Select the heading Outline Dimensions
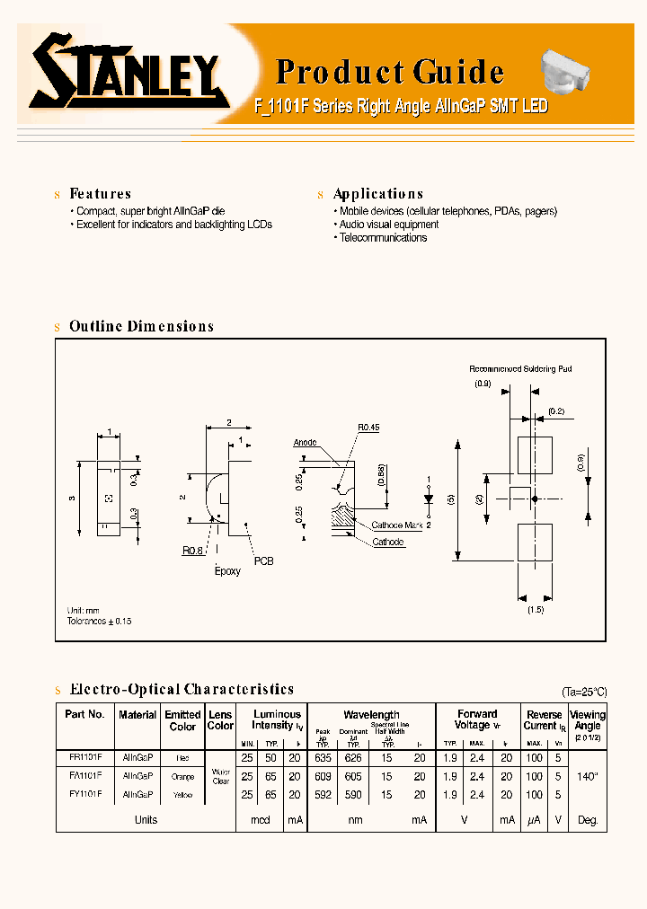point(141,327)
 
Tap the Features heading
point(100,194)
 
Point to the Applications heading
point(377,194)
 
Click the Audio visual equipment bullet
point(388,225)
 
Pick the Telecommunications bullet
point(383,238)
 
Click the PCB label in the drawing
point(263,560)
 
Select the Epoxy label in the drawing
point(227,571)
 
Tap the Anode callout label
point(306,443)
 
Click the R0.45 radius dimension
point(368,428)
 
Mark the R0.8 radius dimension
point(192,551)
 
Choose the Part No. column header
point(85,714)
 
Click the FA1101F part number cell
point(85,774)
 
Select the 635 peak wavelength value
point(323,757)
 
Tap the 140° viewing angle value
point(589,775)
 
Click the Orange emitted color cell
point(182,776)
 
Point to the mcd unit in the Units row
point(261,820)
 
